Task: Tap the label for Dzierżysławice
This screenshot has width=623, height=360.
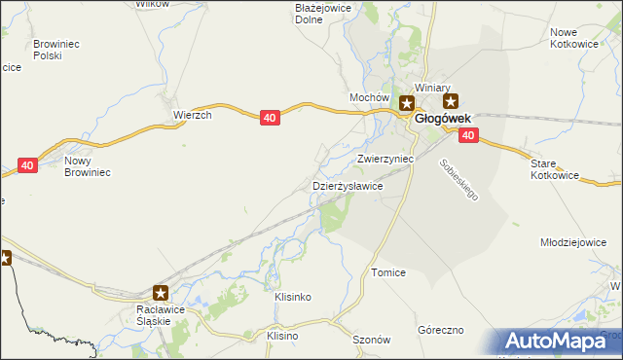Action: click(x=347, y=185)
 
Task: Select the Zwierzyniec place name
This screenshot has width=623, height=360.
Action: click(x=385, y=158)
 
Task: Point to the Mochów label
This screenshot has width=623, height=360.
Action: click(x=369, y=98)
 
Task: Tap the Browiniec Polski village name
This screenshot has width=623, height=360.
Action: click(x=61, y=50)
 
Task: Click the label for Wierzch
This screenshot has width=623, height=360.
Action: click(x=193, y=114)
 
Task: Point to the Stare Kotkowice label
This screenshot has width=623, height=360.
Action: click(x=555, y=169)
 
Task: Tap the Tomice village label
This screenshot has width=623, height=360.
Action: click(x=387, y=273)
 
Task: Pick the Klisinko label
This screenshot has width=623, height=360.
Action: click(x=293, y=296)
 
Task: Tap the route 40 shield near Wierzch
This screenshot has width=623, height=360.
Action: click(x=272, y=118)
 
